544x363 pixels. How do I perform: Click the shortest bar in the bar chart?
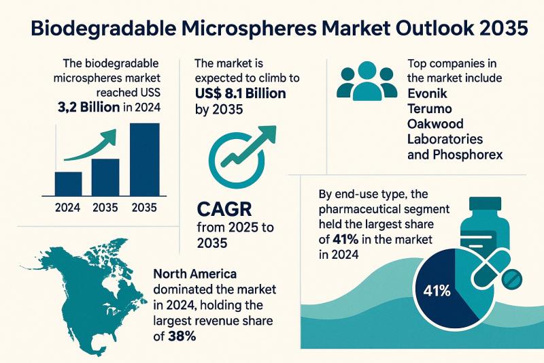click(x=68, y=183)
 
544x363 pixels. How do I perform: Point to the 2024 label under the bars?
click(x=68, y=208)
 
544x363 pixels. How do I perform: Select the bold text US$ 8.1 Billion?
click(x=240, y=93)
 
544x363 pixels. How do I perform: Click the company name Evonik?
click(x=427, y=93)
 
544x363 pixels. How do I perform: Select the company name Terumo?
click(x=430, y=108)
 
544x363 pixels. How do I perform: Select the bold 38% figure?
click(x=185, y=336)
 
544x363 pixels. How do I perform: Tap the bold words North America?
click(x=195, y=274)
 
